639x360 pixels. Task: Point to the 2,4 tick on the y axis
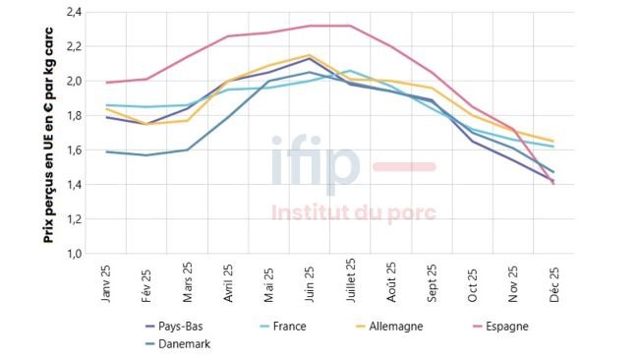(73, 12)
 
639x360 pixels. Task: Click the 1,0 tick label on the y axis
(73, 254)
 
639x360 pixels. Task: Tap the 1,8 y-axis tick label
(73, 116)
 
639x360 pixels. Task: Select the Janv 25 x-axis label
(106, 282)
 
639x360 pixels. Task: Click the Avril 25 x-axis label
(228, 283)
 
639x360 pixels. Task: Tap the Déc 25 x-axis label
(553, 281)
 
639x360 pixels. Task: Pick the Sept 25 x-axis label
(432, 282)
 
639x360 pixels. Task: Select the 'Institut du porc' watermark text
(353, 212)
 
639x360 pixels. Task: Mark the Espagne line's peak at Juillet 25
(350, 26)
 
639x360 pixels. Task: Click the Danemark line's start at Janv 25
(106, 151)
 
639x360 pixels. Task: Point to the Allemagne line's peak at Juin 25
(310, 55)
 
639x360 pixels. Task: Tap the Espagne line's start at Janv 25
(106, 83)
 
